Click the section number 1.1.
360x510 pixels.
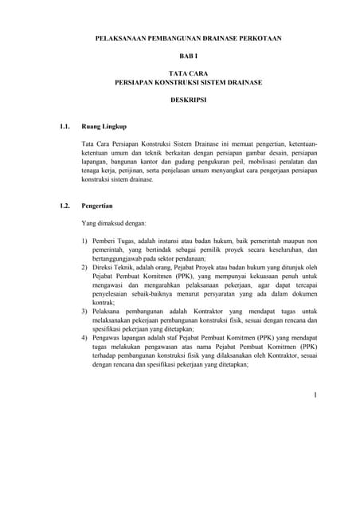(x=66, y=126)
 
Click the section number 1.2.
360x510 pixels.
(x=66, y=206)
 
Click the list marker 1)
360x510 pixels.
(x=85, y=241)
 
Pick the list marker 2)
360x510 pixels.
(x=85, y=269)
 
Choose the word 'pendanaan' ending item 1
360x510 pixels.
(x=188, y=260)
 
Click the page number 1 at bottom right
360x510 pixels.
(x=315, y=394)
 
